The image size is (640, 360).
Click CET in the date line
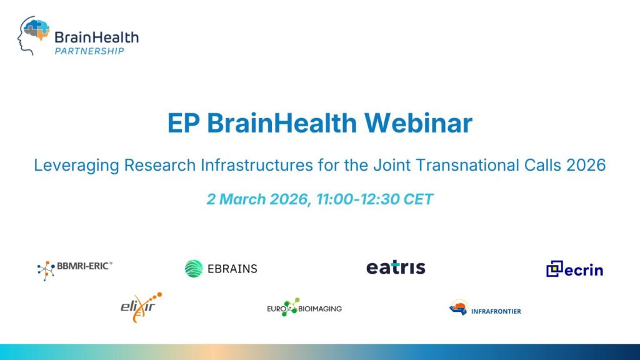click(x=417, y=199)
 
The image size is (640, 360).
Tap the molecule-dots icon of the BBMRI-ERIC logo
click(x=46, y=270)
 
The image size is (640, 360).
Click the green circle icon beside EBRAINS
click(x=194, y=269)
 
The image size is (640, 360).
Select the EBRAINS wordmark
click(x=232, y=269)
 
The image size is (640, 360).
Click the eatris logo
click(x=396, y=267)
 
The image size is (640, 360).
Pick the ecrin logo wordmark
click(x=584, y=270)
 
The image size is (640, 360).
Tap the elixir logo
click(x=141, y=307)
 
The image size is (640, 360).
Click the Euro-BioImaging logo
click(x=304, y=307)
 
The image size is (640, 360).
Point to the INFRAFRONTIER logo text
click(x=496, y=311)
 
